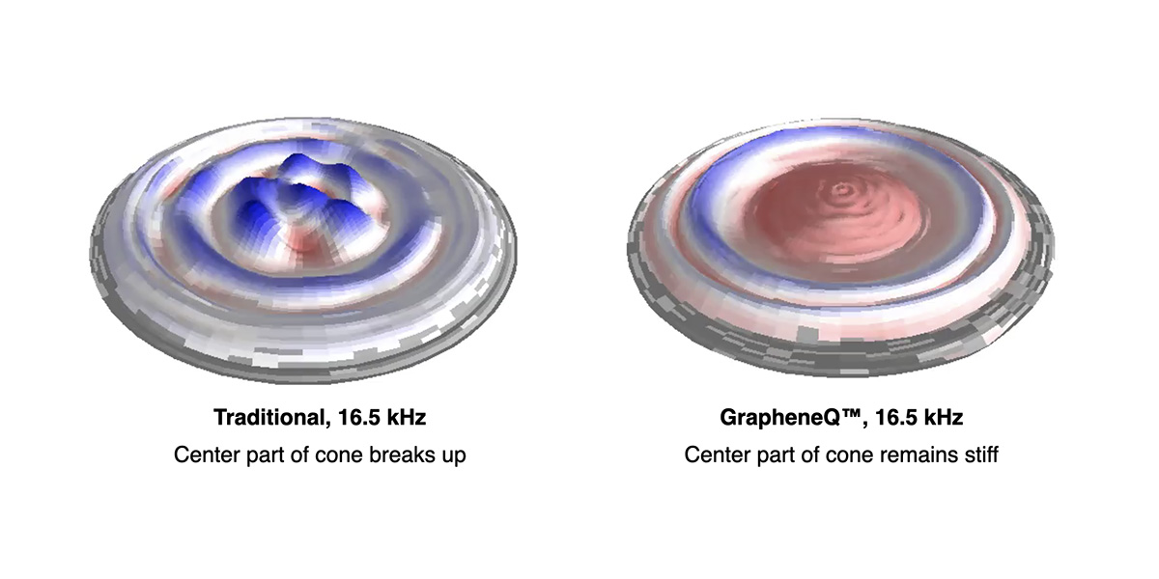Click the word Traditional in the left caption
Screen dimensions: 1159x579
[x=269, y=418]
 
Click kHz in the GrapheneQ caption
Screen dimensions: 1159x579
[x=943, y=418]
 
